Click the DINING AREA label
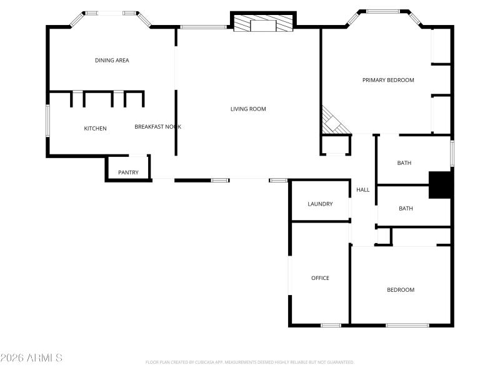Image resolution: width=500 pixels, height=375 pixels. [112, 61]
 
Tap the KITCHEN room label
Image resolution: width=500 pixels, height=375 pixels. [96, 129]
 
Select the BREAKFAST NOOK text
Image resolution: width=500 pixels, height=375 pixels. [157, 127]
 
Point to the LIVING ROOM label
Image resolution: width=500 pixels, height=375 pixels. [248, 109]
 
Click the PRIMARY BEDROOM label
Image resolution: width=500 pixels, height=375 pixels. [388, 80]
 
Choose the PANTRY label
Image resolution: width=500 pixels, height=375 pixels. [128, 172]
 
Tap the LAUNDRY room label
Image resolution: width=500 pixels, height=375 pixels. [320, 204]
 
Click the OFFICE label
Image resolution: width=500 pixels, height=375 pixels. [320, 278]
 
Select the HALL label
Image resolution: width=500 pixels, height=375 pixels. [362, 190]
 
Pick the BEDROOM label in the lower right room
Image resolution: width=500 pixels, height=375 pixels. [400, 290]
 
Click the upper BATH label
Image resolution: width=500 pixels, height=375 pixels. [404, 163]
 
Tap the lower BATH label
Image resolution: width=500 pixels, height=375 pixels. [406, 209]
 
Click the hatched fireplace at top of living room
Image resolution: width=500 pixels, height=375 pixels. [263, 24]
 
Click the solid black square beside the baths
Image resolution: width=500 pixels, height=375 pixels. [439, 185]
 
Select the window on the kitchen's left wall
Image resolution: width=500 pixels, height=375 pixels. [47, 121]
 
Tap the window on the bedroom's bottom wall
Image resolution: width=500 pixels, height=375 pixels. [407, 325]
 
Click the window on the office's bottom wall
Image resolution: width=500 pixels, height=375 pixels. [331, 325]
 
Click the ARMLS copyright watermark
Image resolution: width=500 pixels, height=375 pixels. [31, 358]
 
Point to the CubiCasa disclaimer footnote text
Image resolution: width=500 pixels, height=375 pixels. [250, 362]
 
